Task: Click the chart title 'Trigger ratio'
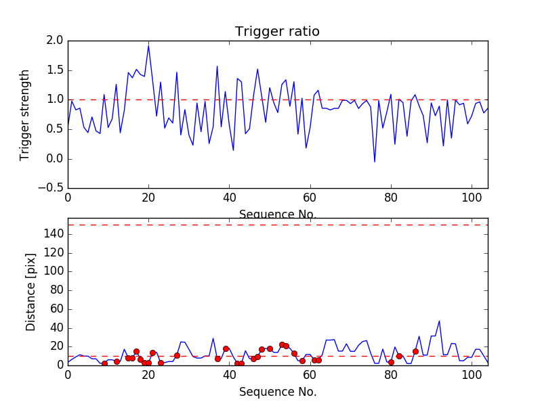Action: coord(277,32)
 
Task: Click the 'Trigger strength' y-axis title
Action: coord(25,114)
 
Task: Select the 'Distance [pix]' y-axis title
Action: coord(31,292)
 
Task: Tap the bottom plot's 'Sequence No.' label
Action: coord(278,392)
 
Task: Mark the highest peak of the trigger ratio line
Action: coord(148,45)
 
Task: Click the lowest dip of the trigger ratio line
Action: coord(375,162)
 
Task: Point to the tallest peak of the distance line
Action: coord(439,321)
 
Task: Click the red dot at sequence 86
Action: coord(415,351)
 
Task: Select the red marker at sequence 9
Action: coord(104,363)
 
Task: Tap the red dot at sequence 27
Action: coord(177,355)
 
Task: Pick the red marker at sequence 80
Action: coord(391,362)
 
